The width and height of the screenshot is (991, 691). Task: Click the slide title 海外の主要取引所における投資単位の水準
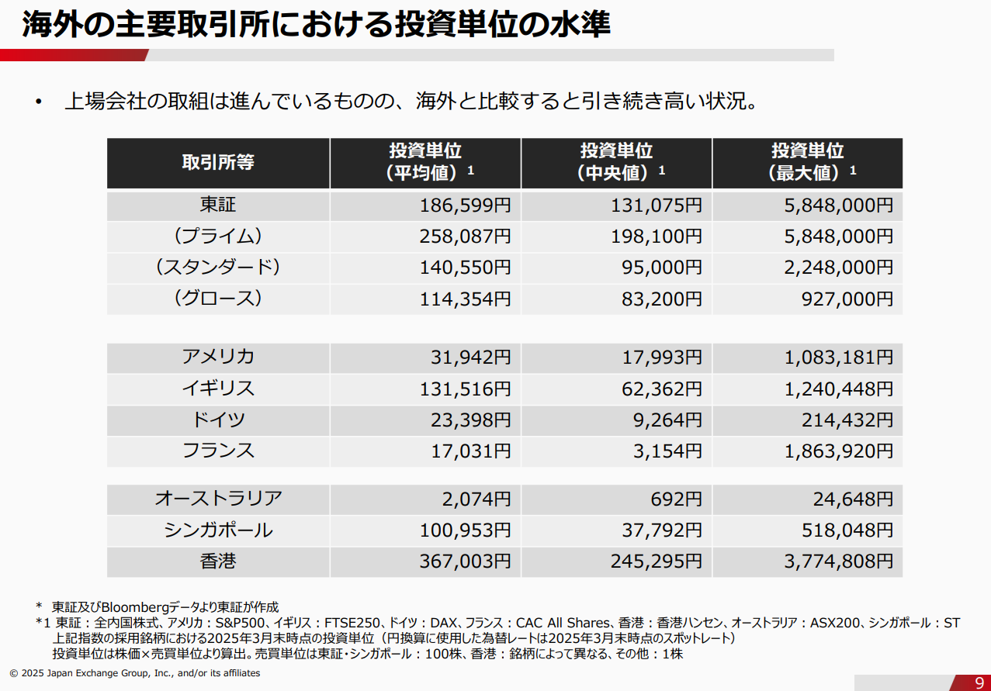(x=316, y=25)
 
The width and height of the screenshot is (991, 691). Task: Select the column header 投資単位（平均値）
(x=425, y=162)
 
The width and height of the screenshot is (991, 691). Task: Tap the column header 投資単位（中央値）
(x=616, y=162)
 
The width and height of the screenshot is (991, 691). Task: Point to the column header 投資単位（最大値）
(x=807, y=162)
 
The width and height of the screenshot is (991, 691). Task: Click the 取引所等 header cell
(x=218, y=162)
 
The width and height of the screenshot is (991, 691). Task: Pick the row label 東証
(x=218, y=205)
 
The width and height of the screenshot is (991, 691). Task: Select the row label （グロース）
(x=218, y=298)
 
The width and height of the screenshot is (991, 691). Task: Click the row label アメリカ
(x=218, y=357)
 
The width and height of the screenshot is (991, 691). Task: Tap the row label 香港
(x=218, y=561)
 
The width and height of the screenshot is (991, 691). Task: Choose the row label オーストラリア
(x=218, y=499)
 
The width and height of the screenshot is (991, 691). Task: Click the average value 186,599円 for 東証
(x=465, y=206)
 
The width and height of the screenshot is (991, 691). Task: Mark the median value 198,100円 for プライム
(x=656, y=237)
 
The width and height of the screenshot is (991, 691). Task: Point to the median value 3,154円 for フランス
(x=667, y=451)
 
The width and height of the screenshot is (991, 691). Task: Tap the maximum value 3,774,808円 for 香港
(x=838, y=561)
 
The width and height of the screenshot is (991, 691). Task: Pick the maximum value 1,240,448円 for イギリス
(x=838, y=389)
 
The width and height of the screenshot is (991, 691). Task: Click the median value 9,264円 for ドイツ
(x=667, y=420)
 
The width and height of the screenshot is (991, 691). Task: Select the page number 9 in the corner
(x=979, y=682)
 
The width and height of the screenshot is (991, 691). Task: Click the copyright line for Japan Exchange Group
(x=135, y=673)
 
